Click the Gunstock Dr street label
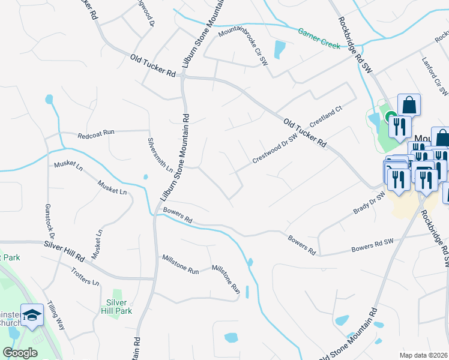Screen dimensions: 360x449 coord(49,222)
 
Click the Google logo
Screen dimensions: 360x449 coord(20,353)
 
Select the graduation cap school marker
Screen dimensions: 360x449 coord(31,314)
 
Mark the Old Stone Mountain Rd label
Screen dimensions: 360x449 coord(348,335)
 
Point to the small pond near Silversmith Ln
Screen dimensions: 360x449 coord(145,176)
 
